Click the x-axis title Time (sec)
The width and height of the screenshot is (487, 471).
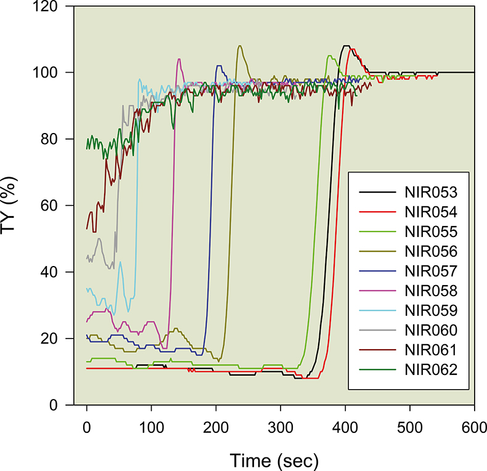(275, 459)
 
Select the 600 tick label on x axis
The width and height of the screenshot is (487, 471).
(474, 425)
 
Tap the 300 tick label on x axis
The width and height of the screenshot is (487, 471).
(280, 425)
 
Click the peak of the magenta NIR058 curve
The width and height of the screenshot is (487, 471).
(179, 59)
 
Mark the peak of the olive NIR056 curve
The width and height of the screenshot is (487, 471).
(239, 46)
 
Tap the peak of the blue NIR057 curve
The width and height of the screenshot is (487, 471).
(218, 66)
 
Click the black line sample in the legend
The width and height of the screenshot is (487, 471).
(376, 192)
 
